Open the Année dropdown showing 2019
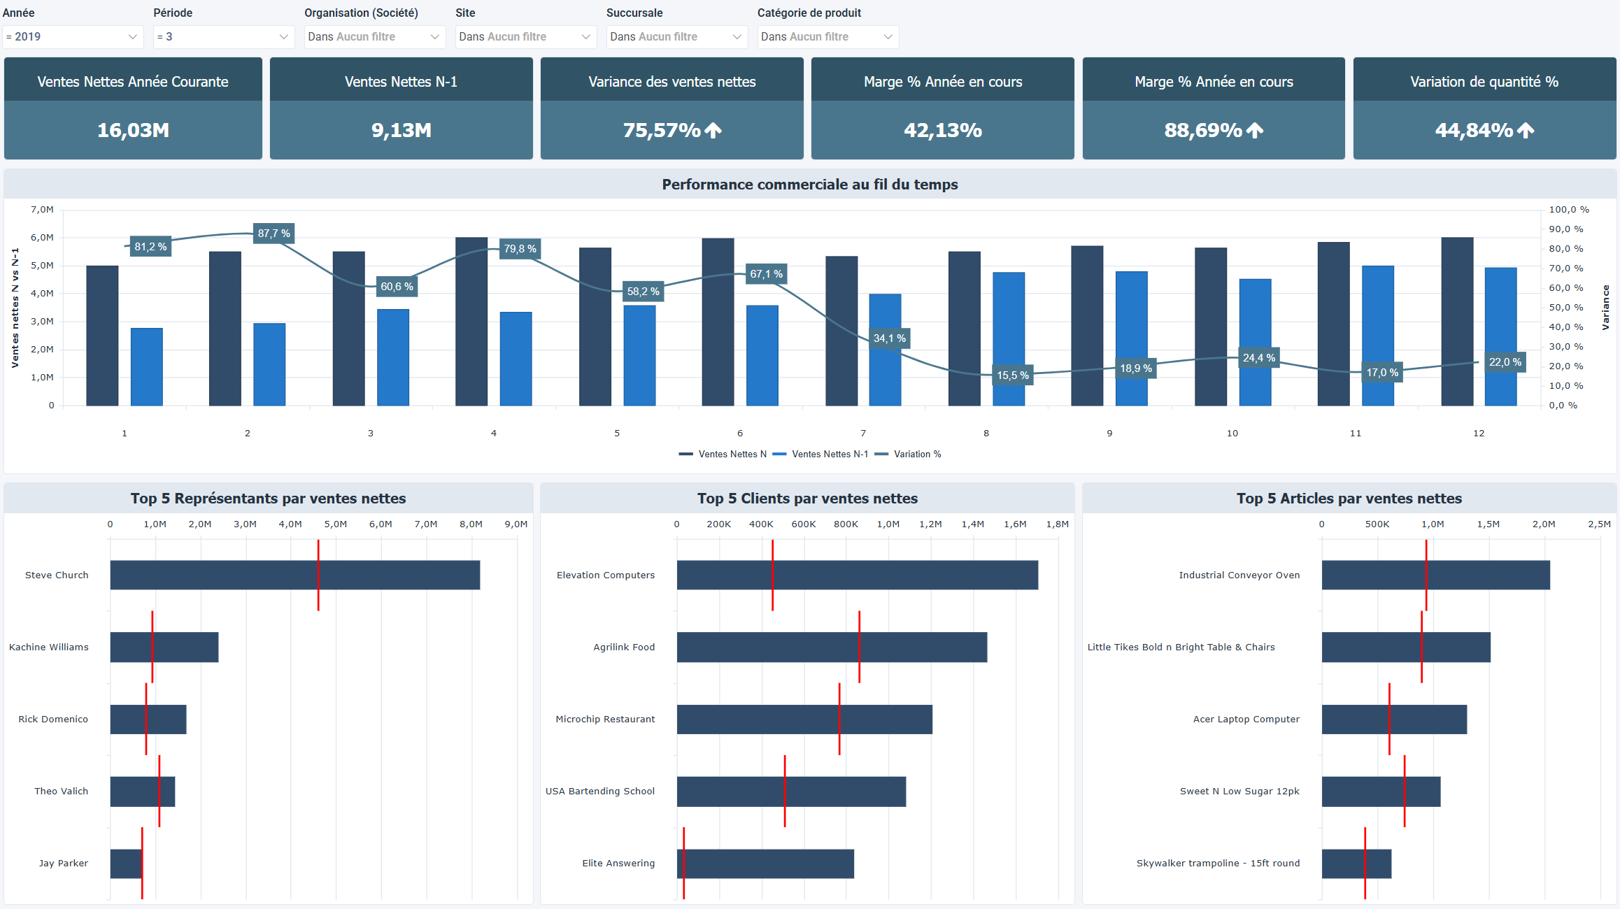pos(72,37)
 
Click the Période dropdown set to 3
pos(222,37)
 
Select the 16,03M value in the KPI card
pos(133,130)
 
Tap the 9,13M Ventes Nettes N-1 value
pos(401,130)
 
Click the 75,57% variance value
pos(662,130)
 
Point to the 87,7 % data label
pos(273,234)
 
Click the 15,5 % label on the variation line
pos(1012,375)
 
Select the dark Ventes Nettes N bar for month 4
pos(471,322)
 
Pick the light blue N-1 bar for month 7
pos(885,350)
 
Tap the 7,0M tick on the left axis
pos(42,210)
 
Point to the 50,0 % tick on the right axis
pos(1565,308)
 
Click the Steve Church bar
pos(294,575)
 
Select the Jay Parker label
pos(63,864)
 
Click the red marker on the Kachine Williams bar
pos(152,647)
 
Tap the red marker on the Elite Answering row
pos(683,863)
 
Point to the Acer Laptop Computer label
pos(1246,720)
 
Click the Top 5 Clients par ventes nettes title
pos(807,499)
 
